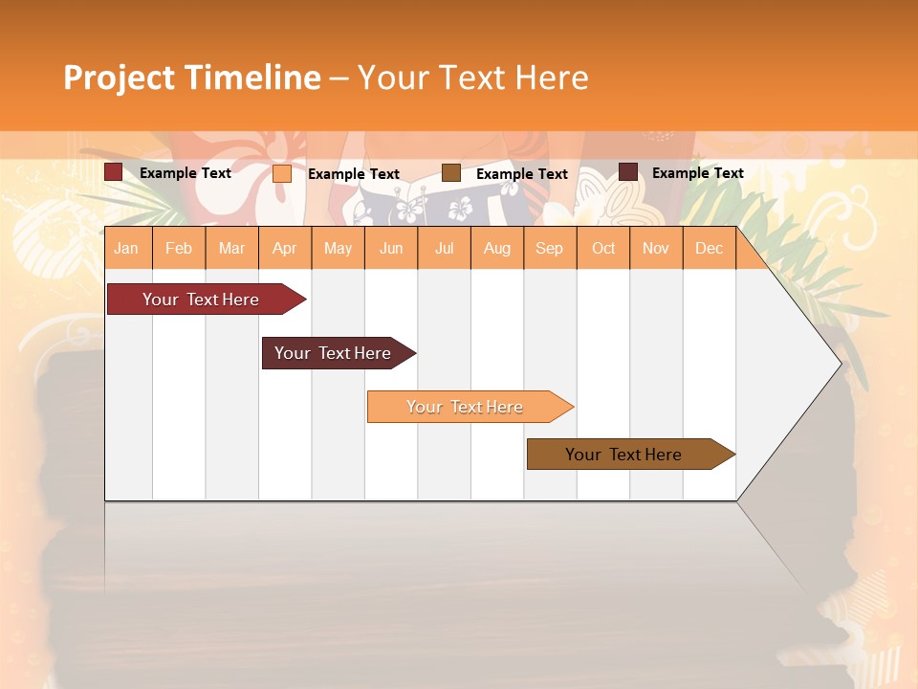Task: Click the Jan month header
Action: (x=127, y=248)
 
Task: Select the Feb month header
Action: (x=179, y=248)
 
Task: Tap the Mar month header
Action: (x=231, y=248)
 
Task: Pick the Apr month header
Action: (x=285, y=248)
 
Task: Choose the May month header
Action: (x=338, y=248)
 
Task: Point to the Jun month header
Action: (x=391, y=248)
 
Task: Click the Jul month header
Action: (x=444, y=248)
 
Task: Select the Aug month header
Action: (x=497, y=248)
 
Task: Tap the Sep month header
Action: (x=550, y=248)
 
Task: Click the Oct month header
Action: (x=603, y=248)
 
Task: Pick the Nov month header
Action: (x=656, y=248)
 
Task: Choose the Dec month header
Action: (x=710, y=248)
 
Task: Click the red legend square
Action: (x=114, y=172)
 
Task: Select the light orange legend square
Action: (x=282, y=173)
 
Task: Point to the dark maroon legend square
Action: (x=628, y=172)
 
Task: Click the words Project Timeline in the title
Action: (x=192, y=78)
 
